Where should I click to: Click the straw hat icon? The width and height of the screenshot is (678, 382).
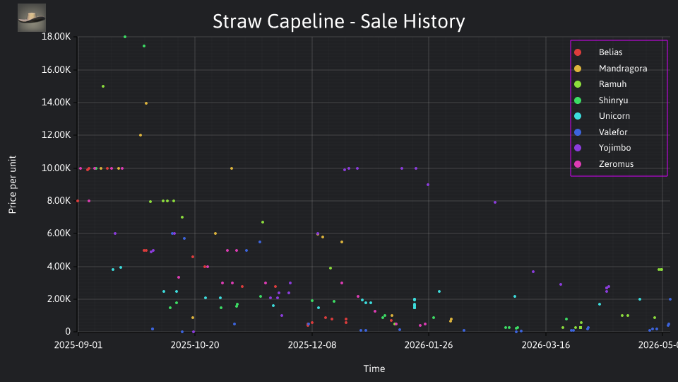click(x=32, y=18)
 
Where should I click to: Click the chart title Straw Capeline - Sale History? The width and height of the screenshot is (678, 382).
click(x=338, y=21)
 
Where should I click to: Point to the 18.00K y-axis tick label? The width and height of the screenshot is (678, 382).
click(x=56, y=37)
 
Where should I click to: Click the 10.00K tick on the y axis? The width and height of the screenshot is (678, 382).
click(x=56, y=168)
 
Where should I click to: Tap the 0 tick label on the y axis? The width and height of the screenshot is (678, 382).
click(x=68, y=332)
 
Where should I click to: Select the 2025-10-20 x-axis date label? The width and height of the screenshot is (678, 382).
click(x=195, y=345)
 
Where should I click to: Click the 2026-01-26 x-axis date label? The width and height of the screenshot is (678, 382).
click(x=429, y=345)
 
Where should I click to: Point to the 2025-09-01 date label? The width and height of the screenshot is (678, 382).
click(x=78, y=345)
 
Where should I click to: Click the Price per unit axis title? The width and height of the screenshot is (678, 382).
click(x=13, y=185)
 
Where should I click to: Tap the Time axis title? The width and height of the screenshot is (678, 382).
click(x=374, y=369)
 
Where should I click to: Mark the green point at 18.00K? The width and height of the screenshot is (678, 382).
click(x=125, y=37)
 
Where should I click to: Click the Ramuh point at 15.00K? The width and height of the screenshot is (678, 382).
click(x=103, y=86)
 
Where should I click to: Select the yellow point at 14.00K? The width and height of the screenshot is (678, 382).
click(x=146, y=103)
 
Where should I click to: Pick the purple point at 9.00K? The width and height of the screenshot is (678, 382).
click(x=428, y=185)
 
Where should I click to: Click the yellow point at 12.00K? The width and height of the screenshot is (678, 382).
click(x=141, y=135)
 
